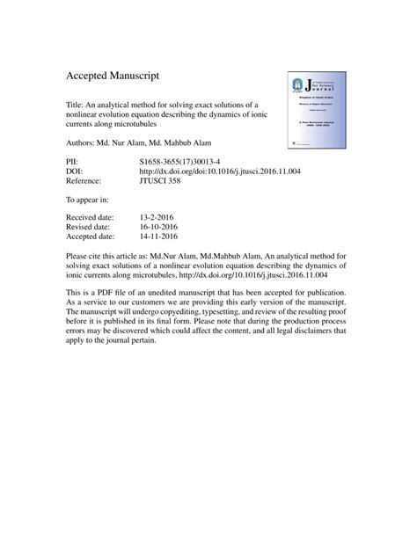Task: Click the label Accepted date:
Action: pos(92,237)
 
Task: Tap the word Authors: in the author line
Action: pos(84,142)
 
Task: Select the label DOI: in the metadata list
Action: pos(76,172)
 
